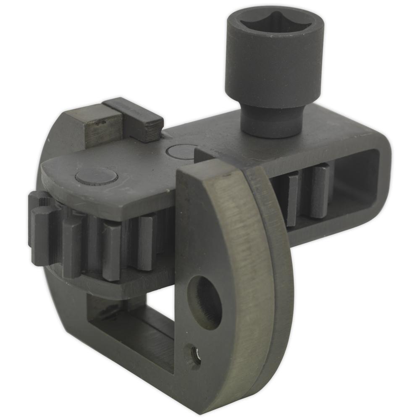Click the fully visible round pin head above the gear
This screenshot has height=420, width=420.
[x=95, y=176]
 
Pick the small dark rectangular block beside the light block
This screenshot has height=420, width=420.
[x=134, y=120]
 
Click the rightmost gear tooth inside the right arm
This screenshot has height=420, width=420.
[x=319, y=191]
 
